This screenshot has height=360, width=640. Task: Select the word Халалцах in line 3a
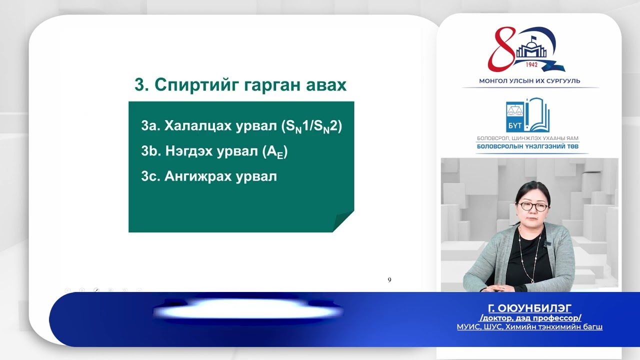pos(196,126)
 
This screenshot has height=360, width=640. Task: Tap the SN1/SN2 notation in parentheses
pos(312,126)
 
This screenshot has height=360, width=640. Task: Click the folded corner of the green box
pos(344,221)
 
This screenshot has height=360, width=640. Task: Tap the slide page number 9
pos(389,280)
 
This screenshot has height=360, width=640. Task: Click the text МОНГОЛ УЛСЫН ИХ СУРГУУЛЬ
pos(529,81)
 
